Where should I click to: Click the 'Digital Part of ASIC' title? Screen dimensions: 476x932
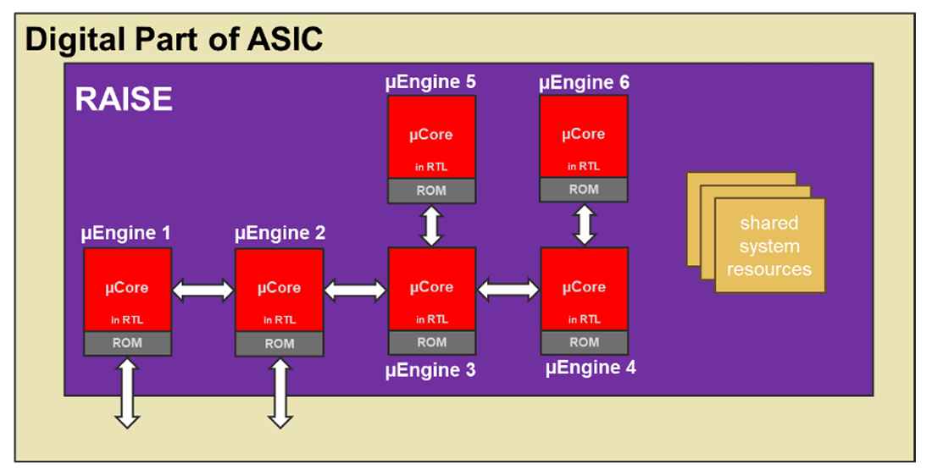click(x=174, y=39)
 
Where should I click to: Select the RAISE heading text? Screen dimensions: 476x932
click(x=124, y=100)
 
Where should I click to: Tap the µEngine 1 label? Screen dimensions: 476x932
click(x=125, y=233)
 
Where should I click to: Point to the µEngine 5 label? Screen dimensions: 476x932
click(x=430, y=82)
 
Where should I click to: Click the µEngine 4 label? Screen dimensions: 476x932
click(x=591, y=368)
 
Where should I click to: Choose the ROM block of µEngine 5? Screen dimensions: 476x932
click(x=431, y=191)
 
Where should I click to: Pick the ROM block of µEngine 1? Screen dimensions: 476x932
click(x=127, y=344)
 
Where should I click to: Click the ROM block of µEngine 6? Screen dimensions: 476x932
click(x=584, y=190)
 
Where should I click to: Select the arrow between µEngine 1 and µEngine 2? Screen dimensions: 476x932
click(x=203, y=291)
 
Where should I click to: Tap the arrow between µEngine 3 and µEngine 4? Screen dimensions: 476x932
click(x=508, y=290)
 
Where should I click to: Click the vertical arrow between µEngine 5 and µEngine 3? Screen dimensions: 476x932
click(x=432, y=225)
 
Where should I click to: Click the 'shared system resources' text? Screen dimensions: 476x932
click(x=769, y=246)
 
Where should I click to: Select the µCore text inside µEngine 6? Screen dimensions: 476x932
click(x=584, y=135)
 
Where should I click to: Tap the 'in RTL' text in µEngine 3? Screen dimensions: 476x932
click(x=431, y=319)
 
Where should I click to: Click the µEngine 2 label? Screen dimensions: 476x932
click(x=280, y=233)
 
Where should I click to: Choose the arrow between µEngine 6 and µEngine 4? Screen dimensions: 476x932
click(x=585, y=224)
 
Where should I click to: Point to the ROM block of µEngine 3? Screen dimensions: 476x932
click(x=431, y=343)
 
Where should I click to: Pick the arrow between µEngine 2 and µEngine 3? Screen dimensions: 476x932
click(x=356, y=291)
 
